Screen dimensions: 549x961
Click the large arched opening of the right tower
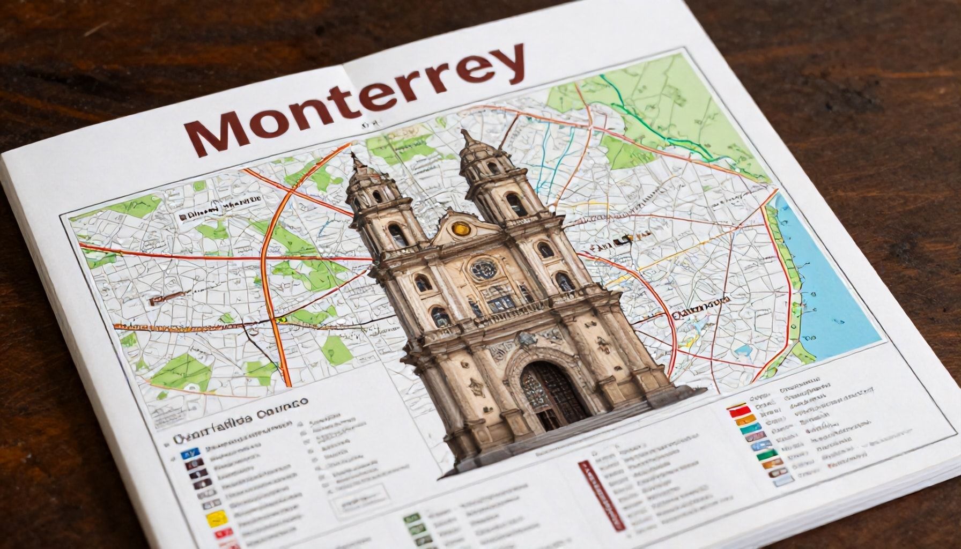click(515, 205)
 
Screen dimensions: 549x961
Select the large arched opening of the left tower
click(397, 235)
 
